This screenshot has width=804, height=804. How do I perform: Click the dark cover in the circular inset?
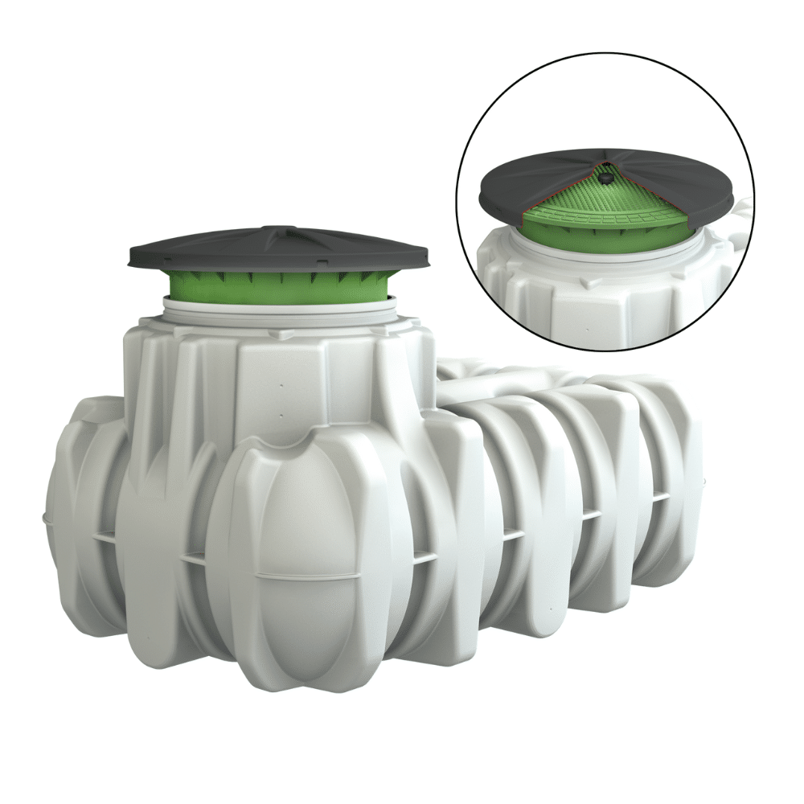(x=523, y=181)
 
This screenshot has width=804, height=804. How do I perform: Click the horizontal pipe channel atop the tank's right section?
(x=498, y=378)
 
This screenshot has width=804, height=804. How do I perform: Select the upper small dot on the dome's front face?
(x=282, y=385)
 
